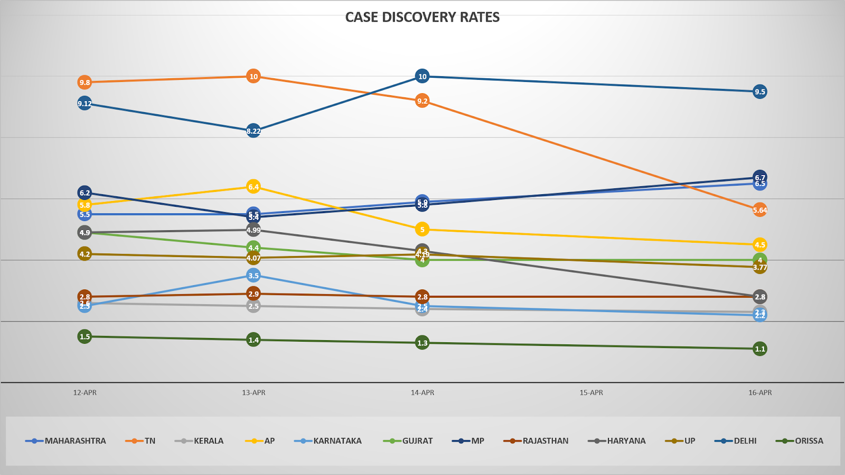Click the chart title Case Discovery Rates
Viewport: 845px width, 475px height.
pos(422,17)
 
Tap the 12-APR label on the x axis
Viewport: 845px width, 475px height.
pos(84,392)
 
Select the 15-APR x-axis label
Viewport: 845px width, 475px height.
pos(591,392)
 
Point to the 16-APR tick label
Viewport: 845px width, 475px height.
pos(759,392)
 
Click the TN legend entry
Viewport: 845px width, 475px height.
pos(150,441)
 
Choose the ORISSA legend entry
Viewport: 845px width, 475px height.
pos(809,441)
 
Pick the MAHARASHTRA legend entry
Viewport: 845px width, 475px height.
pos(75,441)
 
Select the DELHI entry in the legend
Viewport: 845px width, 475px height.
pos(745,441)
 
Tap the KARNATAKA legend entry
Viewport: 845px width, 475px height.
pos(337,441)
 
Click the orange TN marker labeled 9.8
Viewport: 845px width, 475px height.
pos(84,83)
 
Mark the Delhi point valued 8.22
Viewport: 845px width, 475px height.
pos(253,131)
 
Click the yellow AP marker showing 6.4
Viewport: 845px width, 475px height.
pos(253,187)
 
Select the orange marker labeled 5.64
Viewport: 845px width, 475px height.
pos(759,210)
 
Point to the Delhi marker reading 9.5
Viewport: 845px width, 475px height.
pos(759,92)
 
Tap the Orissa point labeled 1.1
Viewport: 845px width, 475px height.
pos(759,349)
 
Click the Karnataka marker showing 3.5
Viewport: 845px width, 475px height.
pos(253,276)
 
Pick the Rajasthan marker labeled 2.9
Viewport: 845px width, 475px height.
pos(253,294)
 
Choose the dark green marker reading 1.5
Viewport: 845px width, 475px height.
pos(84,336)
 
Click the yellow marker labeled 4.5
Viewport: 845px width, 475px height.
pos(759,244)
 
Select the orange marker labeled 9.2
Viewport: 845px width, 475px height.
pos(422,101)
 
